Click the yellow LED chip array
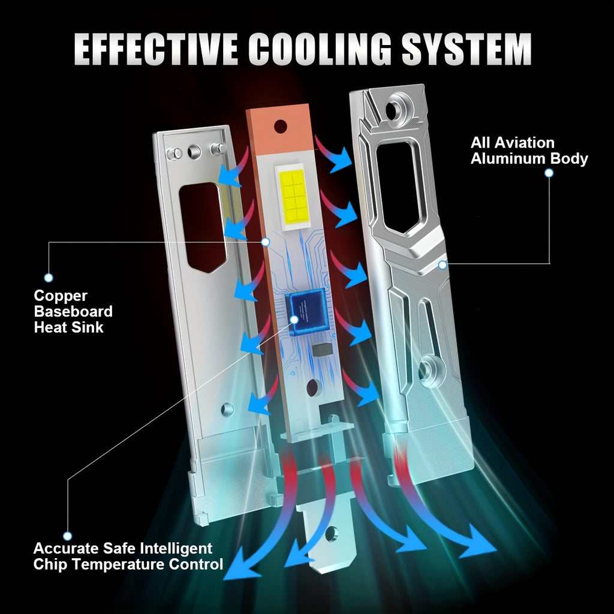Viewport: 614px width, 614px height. coord(292,195)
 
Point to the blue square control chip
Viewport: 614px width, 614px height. coord(308,312)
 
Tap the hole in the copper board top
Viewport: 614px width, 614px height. coord(281,126)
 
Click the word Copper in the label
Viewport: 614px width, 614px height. coord(61,296)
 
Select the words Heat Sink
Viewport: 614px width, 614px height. coord(68,327)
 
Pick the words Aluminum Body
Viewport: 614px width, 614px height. coord(529,158)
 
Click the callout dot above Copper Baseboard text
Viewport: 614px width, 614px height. coord(49,278)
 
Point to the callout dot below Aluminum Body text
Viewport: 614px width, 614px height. coord(549,173)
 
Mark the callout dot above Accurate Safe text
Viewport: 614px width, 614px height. coord(67,535)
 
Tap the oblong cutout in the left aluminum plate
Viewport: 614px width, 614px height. coord(203,227)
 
